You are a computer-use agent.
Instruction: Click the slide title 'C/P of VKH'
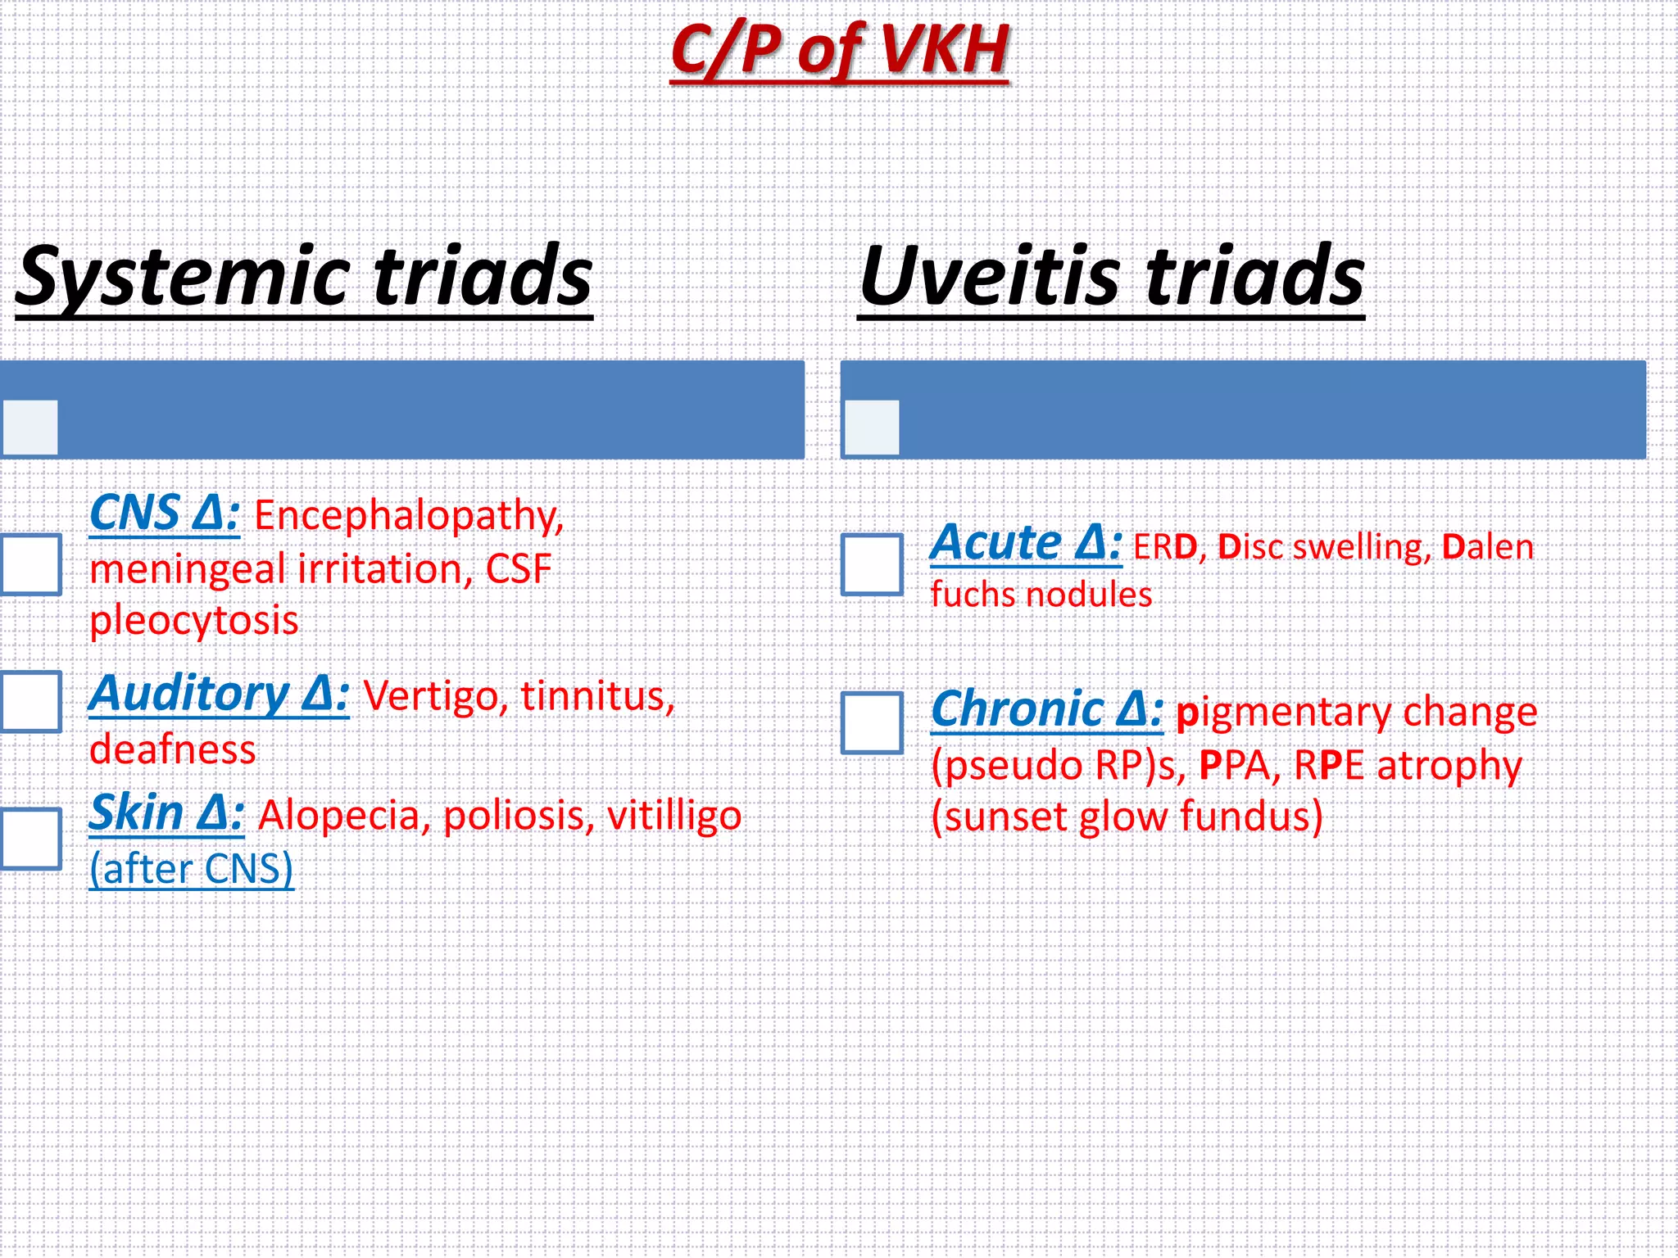click(x=839, y=51)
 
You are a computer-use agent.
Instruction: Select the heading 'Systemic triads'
click(x=304, y=277)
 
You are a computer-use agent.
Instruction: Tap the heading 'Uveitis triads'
click(x=1112, y=277)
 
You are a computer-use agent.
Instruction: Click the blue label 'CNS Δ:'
click(x=164, y=514)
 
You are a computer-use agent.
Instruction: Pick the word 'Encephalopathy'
click(x=407, y=517)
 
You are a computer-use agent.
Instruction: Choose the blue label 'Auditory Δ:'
click(x=219, y=695)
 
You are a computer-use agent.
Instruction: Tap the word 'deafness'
click(x=173, y=750)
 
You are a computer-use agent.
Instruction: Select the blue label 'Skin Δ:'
click(x=166, y=814)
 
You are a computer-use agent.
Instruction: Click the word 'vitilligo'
click(x=674, y=817)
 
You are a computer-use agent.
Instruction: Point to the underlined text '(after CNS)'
click(x=191, y=869)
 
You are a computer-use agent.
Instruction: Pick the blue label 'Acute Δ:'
click(x=1026, y=543)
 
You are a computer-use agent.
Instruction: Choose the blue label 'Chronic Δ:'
click(x=1047, y=709)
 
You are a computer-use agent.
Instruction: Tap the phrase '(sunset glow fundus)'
click(x=1127, y=817)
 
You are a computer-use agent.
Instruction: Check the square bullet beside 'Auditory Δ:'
click(x=31, y=702)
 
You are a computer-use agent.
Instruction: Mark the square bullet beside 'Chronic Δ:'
click(x=873, y=723)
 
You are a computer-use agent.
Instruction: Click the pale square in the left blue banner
click(x=30, y=427)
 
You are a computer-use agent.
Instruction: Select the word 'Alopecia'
click(x=340, y=817)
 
